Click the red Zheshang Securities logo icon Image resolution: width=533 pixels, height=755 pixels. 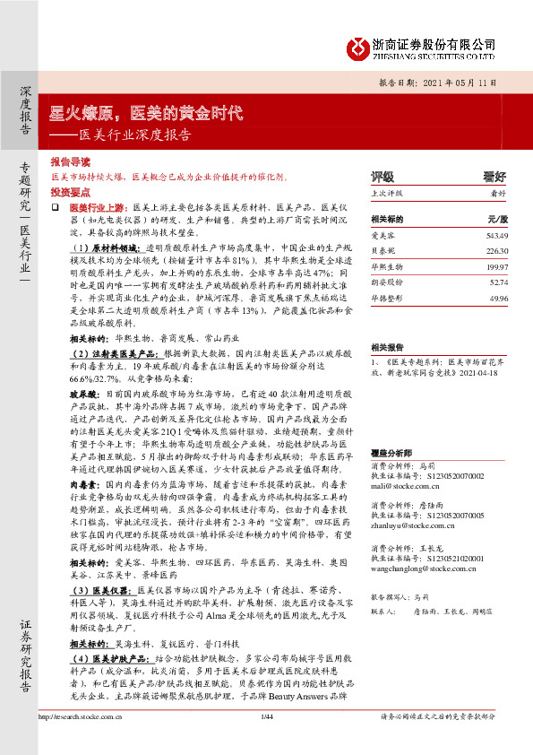[x=358, y=46]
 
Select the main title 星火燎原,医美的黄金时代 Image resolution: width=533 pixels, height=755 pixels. [x=146, y=114]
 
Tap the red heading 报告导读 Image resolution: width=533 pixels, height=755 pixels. [x=70, y=163]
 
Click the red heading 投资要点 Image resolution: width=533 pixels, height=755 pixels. [x=70, y=193]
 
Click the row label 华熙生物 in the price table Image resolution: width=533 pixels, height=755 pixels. [x=386, y=267]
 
